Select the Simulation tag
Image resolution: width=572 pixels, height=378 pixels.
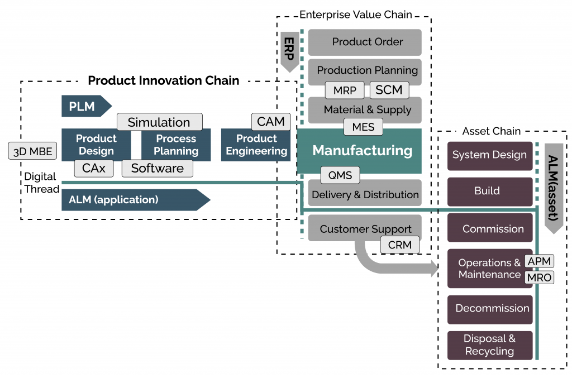click(x=159, y=122)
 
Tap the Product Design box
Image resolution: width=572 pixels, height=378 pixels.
click(x=96, y=145)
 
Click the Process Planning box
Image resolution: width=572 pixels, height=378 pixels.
click(x=176, y=145)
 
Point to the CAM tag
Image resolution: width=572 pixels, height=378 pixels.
click(x=271, y=121)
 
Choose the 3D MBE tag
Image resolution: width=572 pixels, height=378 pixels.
click(x=32, y=151)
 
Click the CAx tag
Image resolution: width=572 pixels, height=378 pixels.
click(x=94, y=168)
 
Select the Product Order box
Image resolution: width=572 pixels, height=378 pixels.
click(x=365, y=42)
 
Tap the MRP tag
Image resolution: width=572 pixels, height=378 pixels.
click(x=345, y=90)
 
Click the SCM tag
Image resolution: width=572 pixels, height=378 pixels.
click(x=389, y=90)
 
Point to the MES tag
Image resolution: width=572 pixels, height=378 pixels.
click(x=363, y=127)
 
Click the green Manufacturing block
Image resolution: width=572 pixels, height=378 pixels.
click(x=362, y=151)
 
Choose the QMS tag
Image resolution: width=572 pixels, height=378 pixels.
click(x=340, y=175)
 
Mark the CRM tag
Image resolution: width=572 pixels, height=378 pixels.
click(x=400, y=244)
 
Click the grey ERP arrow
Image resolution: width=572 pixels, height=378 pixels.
click(x=289, y=51)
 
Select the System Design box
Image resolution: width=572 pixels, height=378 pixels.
click(x=489, y=155)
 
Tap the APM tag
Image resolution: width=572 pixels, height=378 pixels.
click(x=539, y=261)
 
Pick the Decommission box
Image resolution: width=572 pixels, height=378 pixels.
click(x=492, y=308)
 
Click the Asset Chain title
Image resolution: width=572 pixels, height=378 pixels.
click(x=491, y=131)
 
